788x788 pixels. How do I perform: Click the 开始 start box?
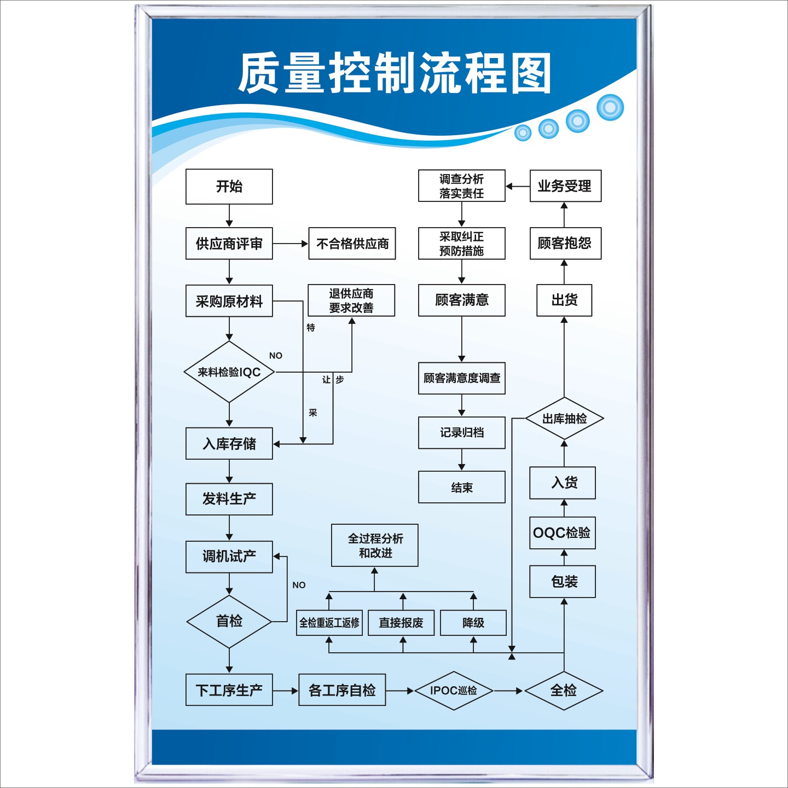(x=229, y=187)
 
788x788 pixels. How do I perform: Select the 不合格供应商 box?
(x=352, y=244)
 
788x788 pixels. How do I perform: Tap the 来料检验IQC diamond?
(x=229, y=372)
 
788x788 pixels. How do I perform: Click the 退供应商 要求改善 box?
(x=351, y=300)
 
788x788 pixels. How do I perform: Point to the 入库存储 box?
(x=229, y=443)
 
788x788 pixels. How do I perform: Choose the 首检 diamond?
(x=229, y=622)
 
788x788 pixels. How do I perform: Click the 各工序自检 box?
(x=342, y=690)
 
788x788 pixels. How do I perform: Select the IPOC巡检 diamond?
(x=453, y=691)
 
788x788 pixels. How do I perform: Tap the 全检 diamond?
(x=564, y=691)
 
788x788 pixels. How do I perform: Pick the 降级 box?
(x=473, y=623)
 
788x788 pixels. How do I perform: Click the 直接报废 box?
(x=401, y=623)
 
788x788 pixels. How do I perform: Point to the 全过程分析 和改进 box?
(x=375, y=546)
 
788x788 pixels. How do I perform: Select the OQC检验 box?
(x=562, y=533)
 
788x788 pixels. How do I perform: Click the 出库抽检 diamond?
(x=564, y=419)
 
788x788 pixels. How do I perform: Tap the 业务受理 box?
(x=565, y=186)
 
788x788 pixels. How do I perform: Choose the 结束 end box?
(x=461, y=487)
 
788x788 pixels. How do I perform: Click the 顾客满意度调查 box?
(x=461, y=378)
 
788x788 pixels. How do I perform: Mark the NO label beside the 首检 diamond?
(x=299, y=585)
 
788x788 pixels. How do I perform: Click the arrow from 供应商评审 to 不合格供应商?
(x=291, y=244)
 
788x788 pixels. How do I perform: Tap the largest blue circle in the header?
(x=610, y=107)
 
